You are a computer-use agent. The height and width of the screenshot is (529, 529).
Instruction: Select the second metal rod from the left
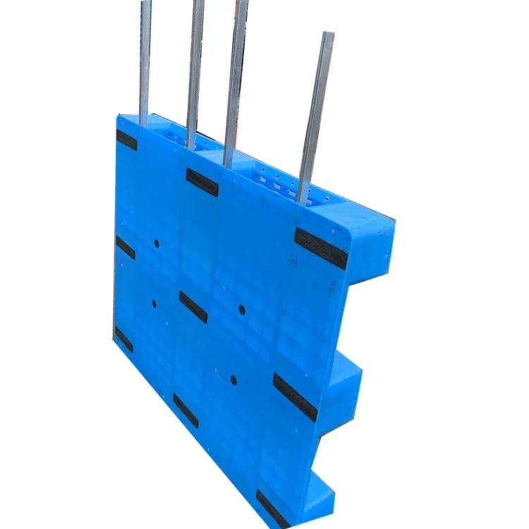pyautogui.click(x=195, y=71)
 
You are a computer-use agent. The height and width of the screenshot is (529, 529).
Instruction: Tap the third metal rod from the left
pyautogui.click(x=236, y=78)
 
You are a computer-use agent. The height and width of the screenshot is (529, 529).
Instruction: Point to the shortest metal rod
pyautogui.click(x=316, y=113)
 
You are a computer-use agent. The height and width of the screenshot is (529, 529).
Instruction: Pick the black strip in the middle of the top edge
pyautogui.click(x=202, y=182)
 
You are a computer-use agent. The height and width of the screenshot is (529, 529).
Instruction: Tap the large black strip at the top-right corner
pyautogui.click(x=321, y=248)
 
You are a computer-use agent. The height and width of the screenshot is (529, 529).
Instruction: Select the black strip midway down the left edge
pyautogui.click(x=126, y=248)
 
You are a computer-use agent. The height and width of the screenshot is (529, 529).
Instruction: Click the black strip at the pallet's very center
pyautogui.click(x=193, y=307)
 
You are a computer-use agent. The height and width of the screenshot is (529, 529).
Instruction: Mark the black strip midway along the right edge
pyautogui.click(x=295, y=397)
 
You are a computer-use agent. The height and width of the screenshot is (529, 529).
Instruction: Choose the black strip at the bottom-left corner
pyautogui.click(x=123, y=339)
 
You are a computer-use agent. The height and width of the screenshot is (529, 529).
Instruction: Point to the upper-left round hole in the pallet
pyautogui.click(x=157, y=244)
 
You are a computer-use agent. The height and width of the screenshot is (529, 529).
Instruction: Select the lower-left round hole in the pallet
pyautogui.click(x=154, y=304)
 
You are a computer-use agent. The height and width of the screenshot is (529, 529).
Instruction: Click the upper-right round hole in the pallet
pyautogui.click(x=241, y=309)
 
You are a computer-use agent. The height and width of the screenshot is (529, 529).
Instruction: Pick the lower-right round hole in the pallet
pyautogui.click(x=233, y=379)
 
